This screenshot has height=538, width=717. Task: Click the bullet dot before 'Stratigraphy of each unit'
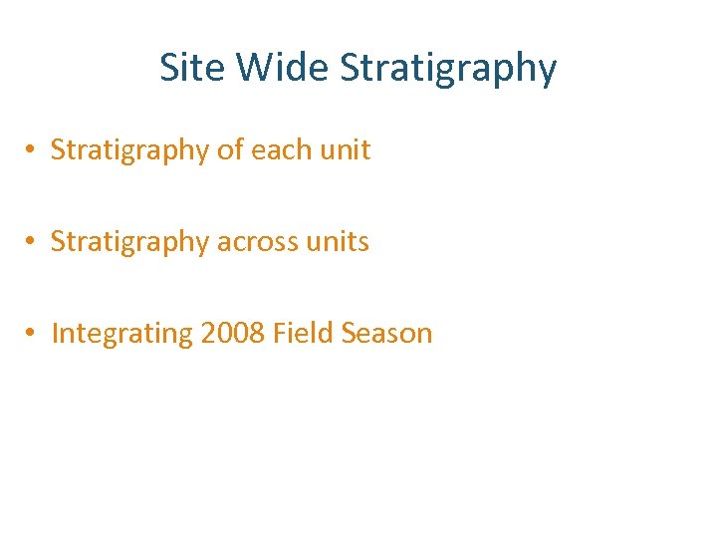pos(33,150)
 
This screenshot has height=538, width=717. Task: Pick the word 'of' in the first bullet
pos(230,150)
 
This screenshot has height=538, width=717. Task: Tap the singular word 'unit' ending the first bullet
pos(347,150)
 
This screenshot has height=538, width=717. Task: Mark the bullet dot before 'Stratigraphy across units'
pos(33,242)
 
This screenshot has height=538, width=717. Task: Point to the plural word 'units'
pos(340,242)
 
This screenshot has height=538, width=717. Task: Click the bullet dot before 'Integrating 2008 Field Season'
pos(33,334)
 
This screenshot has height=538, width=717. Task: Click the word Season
pos(386,334)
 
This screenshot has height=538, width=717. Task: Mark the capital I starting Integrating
pos(55,334)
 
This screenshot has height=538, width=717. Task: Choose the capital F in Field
pos(279,334)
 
